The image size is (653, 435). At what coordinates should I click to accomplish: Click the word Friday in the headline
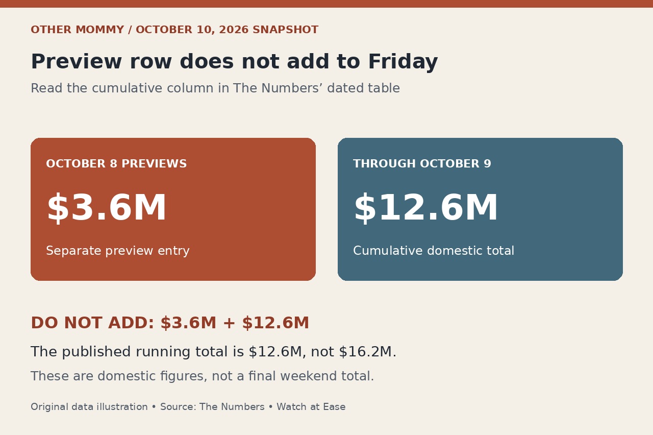(x=403, y=62)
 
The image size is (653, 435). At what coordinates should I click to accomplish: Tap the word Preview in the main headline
(x=77, y=61)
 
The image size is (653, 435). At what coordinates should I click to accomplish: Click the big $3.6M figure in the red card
(x=107, y=208)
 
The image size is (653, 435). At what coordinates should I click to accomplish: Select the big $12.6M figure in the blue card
(x=426, y=208)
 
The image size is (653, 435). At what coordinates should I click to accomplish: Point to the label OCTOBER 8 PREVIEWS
(x=116, y=164)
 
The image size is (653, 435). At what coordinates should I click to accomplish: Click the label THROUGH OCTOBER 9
(x=422, y=164)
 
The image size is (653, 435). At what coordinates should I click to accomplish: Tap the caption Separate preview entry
(x=118, y=251)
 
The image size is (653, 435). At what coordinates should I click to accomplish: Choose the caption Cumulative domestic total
(x=434, y=251)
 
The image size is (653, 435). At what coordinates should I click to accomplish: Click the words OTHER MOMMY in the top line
(x=78, y=30)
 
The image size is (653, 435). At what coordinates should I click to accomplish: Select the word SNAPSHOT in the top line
(x=285, y=30)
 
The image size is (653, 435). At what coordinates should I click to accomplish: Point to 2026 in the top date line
(x=234, y=30)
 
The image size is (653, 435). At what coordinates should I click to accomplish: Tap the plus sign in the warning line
(x=229, y=323)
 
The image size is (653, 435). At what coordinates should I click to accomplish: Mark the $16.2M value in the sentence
(x=366, y=352)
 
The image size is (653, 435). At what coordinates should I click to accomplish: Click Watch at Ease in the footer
(x=311, y=407)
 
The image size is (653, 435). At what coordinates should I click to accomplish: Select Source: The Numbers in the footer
(x=212, y=407)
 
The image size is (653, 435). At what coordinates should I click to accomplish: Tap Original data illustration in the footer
(x=89, y=407)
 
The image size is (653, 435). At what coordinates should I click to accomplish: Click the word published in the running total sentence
(x=96, y=352)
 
